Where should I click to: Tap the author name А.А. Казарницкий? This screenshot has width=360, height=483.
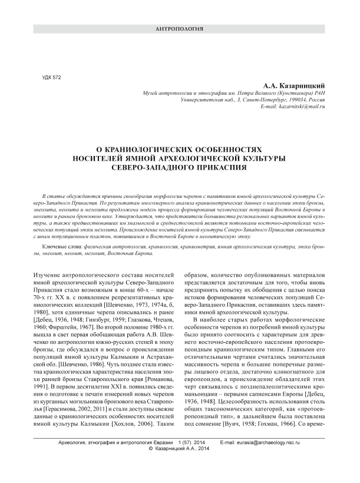pos(293,85)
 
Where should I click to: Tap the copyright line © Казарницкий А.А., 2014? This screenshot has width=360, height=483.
pos(180,465)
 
